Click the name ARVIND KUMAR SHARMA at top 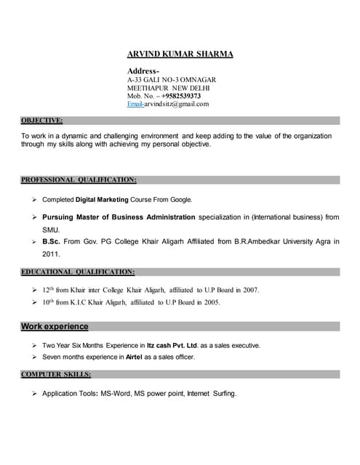pyautogui.click(x=180, y=54)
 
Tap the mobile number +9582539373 pyautogui.click(x=177, y=95)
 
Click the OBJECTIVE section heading pyautogui.click(x=41, y=120)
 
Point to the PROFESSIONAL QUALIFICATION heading pyautogui.click(x=79, y=179)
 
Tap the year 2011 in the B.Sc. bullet pyautogui.click(x=51, y=254)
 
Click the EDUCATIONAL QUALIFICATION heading pyautogui.click(x=78, y=272)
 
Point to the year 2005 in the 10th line pyautogui.click(x=212, y=302)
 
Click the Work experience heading pyautogui.click(x=55, y=326)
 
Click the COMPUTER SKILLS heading pyautogui.click(x=56, y=374)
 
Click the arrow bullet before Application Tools pyautogui.click(x=34, y=393)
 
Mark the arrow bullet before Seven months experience pyautogui.click(x=34, y=357)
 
